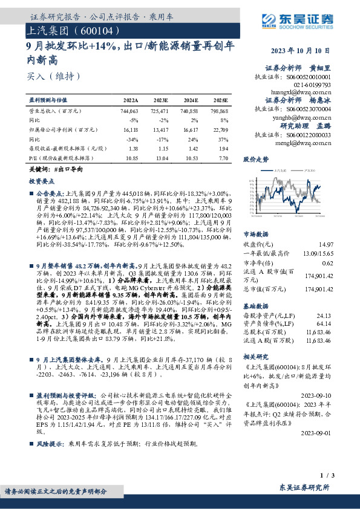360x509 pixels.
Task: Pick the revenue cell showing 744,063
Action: pos(129,112)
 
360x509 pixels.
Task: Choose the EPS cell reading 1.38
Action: pos(134,148)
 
